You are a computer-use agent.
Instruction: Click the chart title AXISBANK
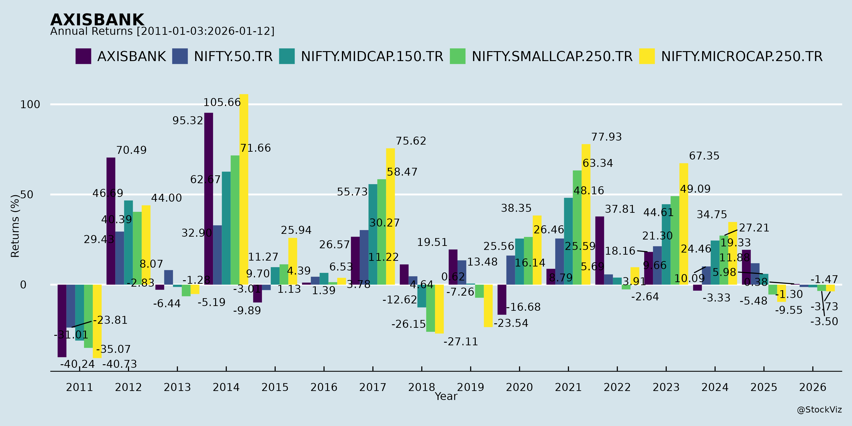pos(97,20)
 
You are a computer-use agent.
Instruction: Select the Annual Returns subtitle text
pos(162,31)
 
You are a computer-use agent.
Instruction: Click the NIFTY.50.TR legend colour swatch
pos(180,56)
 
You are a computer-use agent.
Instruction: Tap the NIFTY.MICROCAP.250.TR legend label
pos(741,57)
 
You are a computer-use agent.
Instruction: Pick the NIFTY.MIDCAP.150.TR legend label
pos(372,57)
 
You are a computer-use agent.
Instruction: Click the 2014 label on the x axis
pos(226,387)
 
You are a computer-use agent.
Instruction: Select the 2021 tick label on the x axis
pos(568,387)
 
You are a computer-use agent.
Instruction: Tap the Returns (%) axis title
pos(15,226)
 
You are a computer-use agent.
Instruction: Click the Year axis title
pos(446,396)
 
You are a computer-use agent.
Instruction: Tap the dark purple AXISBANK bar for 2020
pos(502,299)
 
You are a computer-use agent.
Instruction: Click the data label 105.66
pos(222,102)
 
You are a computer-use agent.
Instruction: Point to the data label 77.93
pos(606,137)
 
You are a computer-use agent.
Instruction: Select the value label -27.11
pos(461,342)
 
